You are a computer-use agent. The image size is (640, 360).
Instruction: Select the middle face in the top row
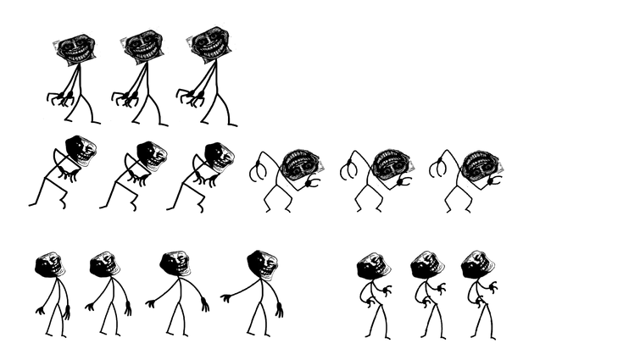(141, 47)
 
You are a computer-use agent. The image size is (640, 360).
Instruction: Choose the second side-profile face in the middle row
(155, 157)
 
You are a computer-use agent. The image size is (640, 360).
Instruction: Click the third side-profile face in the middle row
(223, 158)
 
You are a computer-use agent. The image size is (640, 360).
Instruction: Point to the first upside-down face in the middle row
(303, 164)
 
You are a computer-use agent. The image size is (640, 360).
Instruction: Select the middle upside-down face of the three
(392, 163)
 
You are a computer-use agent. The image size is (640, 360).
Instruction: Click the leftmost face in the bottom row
(53, 263)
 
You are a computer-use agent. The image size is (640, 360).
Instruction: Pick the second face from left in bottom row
(107, 263)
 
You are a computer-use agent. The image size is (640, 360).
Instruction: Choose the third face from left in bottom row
(179, 263)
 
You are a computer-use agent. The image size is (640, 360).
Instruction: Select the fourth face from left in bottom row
(268, 265)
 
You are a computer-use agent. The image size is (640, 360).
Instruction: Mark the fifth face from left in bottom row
(374, 264)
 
